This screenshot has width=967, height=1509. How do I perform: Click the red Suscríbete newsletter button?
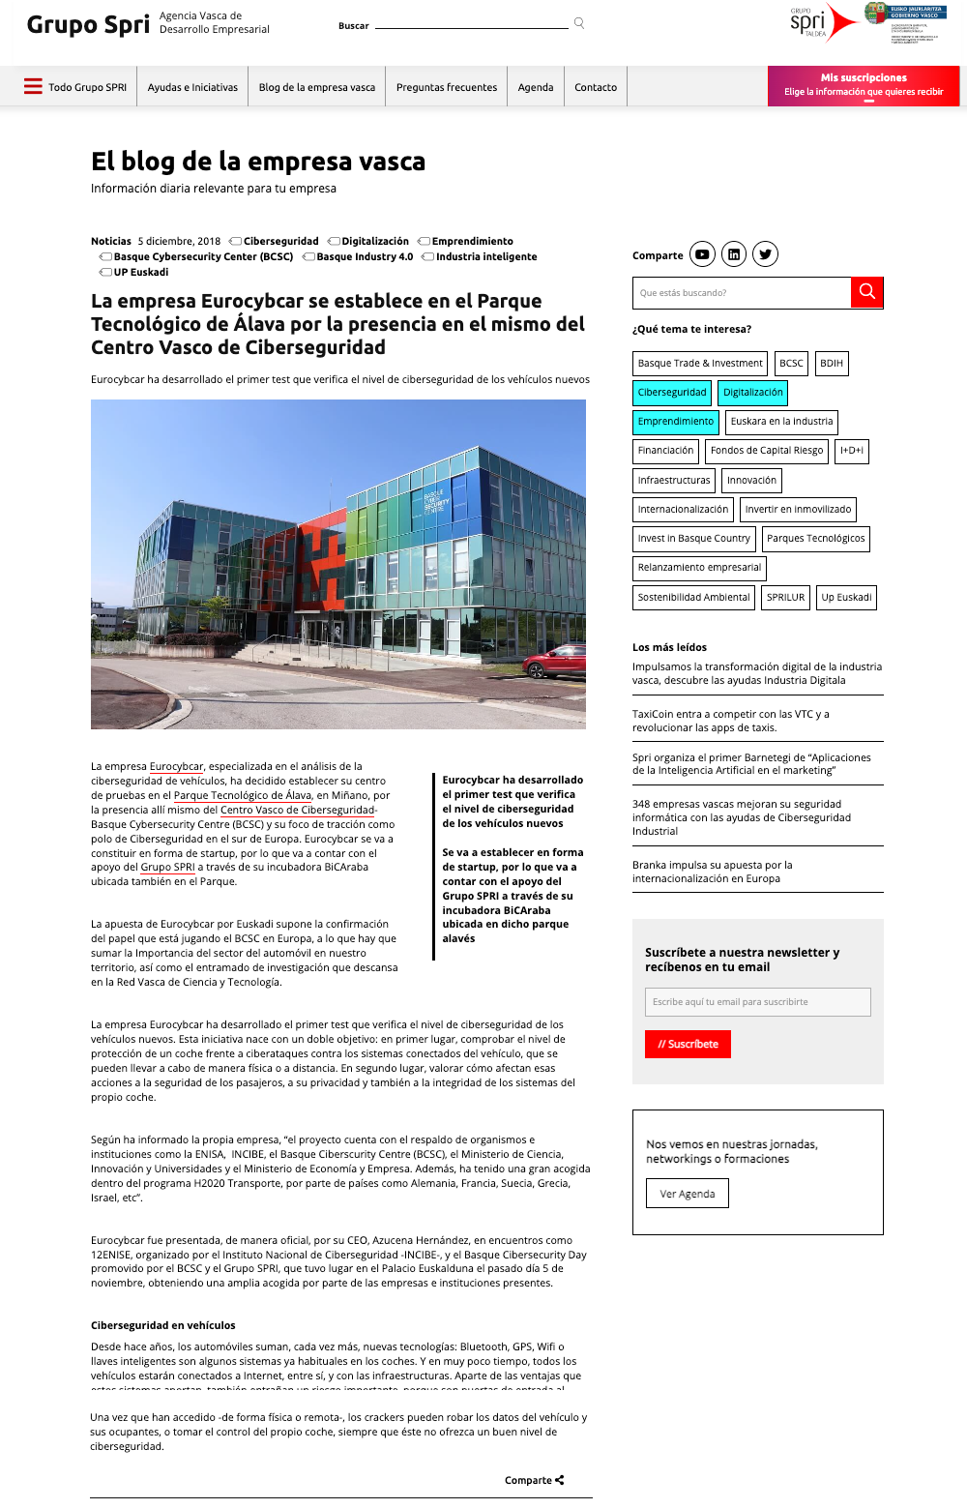tap(688, 1045)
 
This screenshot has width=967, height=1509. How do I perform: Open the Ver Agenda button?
tap(688, 1194)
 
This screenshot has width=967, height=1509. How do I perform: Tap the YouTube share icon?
tap(702, 254)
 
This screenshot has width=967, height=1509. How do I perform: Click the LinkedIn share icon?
tap(734, 254)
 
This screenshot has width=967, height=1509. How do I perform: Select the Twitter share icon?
tap(765, 254)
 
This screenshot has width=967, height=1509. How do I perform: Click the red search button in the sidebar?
tap(867, 292)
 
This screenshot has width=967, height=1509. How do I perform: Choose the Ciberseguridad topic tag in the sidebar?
tap(672, 393)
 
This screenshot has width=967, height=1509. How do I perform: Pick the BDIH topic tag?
tap(832, 364)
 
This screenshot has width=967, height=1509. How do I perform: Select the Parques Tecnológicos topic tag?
tap(815, 539)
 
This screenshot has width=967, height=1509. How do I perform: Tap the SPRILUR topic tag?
tap(785, 598)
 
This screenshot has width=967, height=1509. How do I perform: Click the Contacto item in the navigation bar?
tap(596, 87)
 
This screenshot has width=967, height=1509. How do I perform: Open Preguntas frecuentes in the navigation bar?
tap(447, 87)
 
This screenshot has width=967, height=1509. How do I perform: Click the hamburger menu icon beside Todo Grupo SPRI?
tap(33, 86)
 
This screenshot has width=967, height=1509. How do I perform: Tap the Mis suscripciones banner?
tap(864, 85)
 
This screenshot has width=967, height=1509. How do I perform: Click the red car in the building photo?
tap(554, 662)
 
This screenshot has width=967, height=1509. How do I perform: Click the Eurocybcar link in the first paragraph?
tap(176, 767)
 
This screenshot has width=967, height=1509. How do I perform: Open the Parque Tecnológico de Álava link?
tap(243, 796)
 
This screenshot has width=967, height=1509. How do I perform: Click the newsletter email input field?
tap(757, 1002)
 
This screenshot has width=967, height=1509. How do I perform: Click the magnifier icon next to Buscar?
tap(579, 23)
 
